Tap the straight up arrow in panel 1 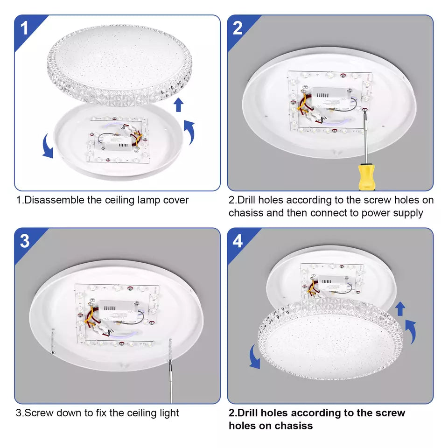[179, 105]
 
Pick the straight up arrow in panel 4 [400, 309]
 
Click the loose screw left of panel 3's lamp [53, 341]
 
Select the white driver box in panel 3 [118, 310]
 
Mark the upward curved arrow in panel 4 [411, 332]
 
